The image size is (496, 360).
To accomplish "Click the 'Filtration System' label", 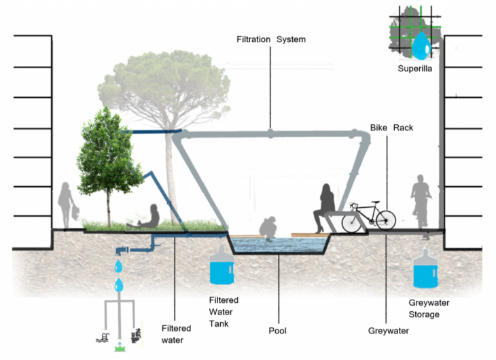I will click(270, 39).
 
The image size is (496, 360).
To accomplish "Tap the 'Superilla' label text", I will click(416, 69).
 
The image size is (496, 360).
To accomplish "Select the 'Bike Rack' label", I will click(391, 128).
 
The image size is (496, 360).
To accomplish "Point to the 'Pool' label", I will click(277, 331).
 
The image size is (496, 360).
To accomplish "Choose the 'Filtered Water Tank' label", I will click(224, 310).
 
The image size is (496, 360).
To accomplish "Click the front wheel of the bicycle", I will click(385, 221).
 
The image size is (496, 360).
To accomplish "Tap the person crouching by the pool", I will click(270, 228).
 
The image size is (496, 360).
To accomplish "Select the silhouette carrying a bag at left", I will click(67, 204).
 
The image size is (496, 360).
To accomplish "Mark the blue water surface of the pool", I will click(279, 247).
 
